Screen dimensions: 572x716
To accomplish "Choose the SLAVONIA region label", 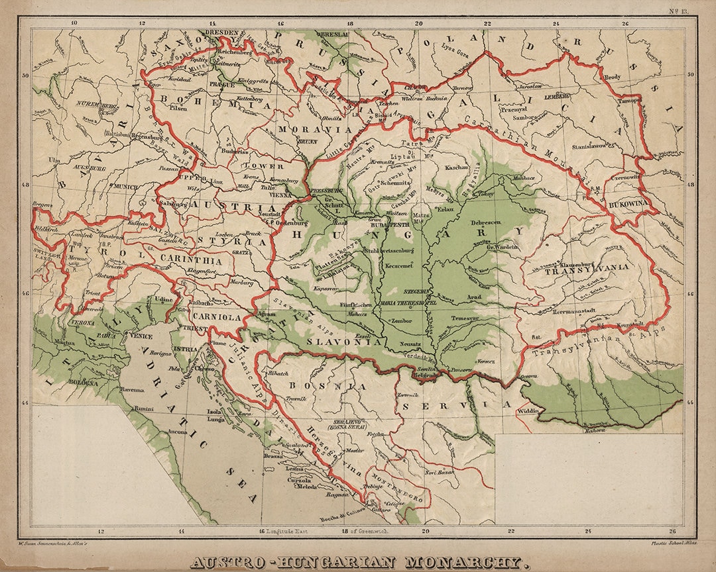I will (345, 342).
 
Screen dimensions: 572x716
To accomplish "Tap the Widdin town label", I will (529, 411).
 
